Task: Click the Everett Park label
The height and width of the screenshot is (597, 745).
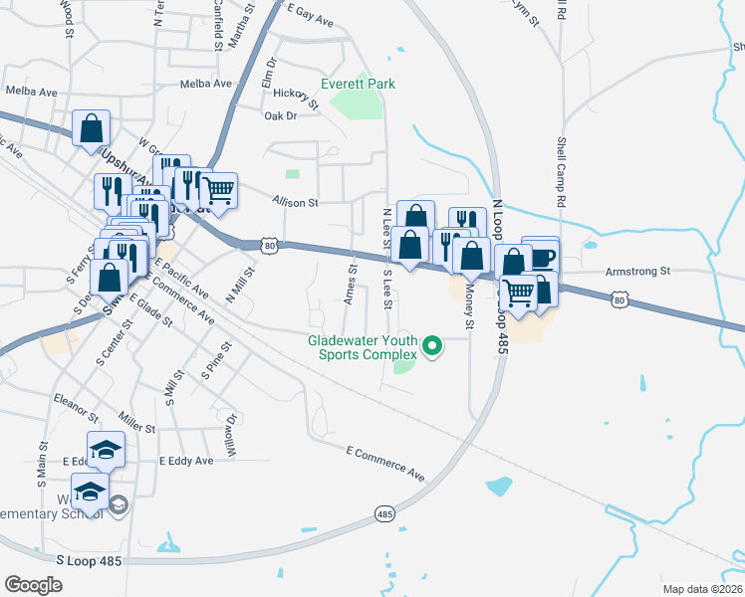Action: tap(358, 84)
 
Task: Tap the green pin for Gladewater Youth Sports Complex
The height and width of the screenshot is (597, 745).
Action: tap(432, 347)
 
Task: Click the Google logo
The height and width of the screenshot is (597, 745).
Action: tap(33, 585)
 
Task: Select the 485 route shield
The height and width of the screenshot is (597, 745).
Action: tap(385, 513)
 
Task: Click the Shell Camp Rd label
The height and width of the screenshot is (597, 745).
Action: tap(561, 172)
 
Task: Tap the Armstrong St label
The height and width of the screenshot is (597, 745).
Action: tap(639, 271)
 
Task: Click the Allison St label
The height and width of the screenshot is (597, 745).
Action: tap(294, 202)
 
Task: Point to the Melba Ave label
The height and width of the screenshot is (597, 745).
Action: tap(204, 84)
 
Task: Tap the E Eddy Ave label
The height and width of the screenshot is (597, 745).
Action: tap(186, 462)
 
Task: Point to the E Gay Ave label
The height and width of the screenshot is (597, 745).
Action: tap(310, 14)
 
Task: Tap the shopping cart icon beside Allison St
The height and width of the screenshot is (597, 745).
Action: tap(218, 188)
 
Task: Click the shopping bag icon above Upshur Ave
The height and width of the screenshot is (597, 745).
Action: tap(91, 127)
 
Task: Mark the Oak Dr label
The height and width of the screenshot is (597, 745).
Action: tap(281, 116)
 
